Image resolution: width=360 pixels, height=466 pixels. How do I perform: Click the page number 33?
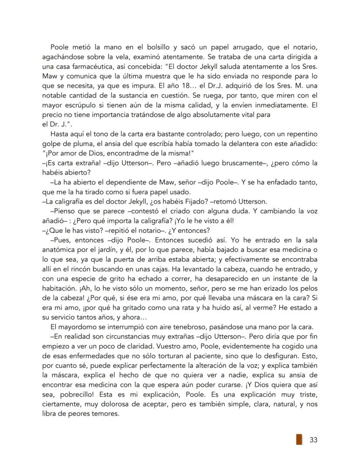[x=313, y=439]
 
